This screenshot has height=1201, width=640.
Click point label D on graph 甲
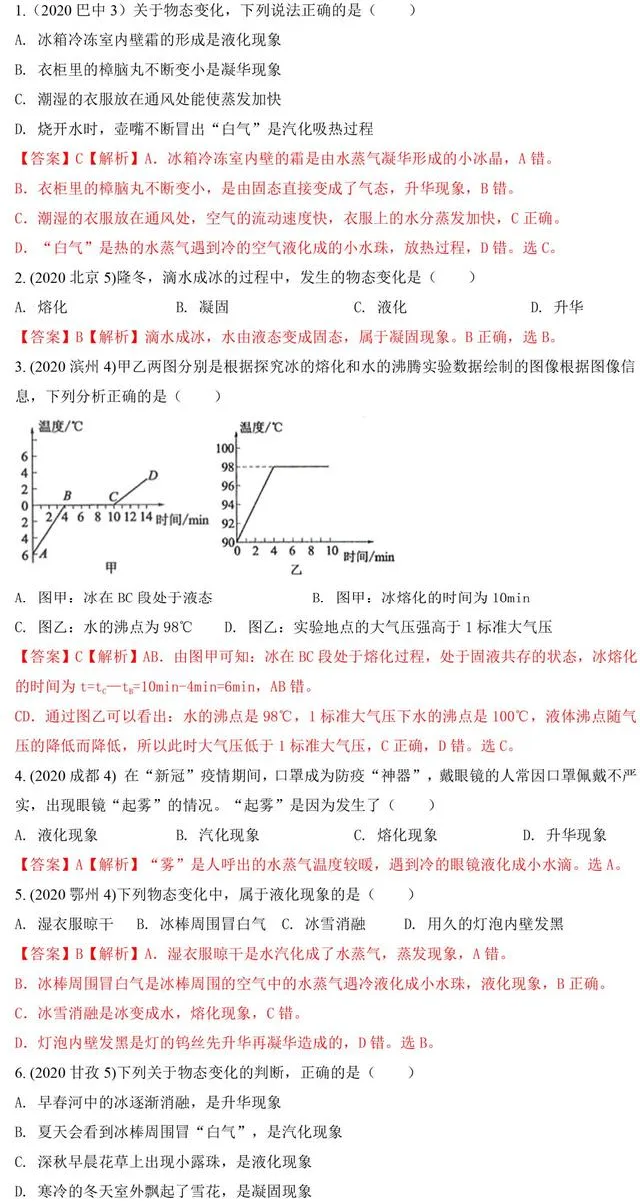[x=152, y=475]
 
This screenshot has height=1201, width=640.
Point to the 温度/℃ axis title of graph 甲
[x=62, y=428]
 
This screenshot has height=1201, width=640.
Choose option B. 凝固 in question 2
[x=202, y=308]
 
